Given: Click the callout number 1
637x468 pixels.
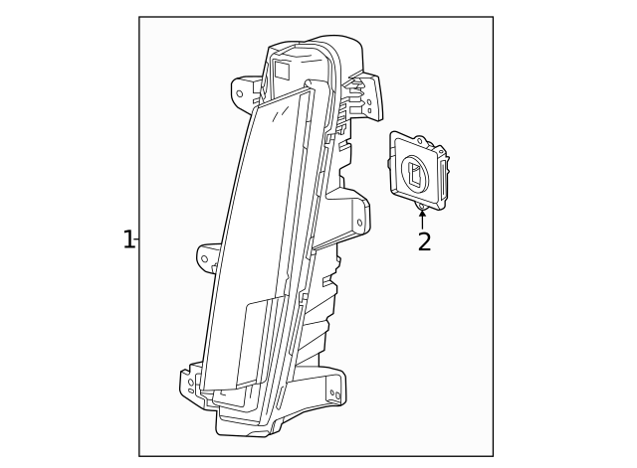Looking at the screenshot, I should pyautogui.click(x=127, y=239).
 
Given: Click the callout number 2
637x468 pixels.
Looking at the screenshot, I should pyautogui.click(x=424, y=242).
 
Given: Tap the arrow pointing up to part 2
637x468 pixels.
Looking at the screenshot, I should pyautogui.click(x=422, y=216).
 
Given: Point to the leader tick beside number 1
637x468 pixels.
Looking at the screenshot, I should pyautogui.click(x=136, y=239).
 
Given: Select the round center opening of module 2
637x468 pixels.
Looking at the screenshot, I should pyautogui.click(x=414, y=176).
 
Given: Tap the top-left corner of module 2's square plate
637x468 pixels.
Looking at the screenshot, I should pyautogui.click(x=394, y=135).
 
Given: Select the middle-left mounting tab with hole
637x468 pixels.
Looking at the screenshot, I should pyautogui.click(x=207, y=257).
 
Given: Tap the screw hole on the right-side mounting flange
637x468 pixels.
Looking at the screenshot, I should pyautogui.click(x=359, y=223).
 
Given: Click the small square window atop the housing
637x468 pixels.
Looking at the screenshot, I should pyautogui.click(x=282, y=70).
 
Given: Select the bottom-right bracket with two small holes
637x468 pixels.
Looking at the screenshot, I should pyautogui.click(x=333, y=390).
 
